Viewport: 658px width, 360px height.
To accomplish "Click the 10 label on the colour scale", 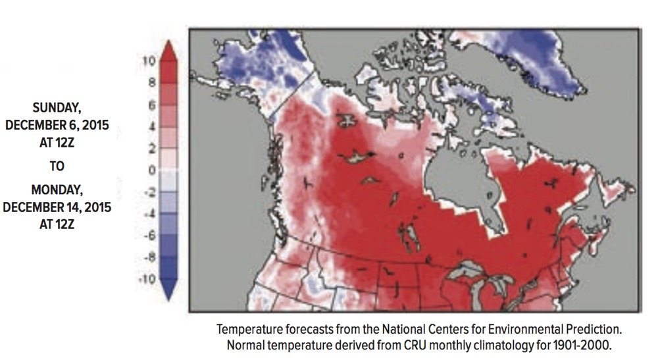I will pyautogui.click(x=149, y=61).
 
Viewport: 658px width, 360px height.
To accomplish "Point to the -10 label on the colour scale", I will pyautogui.click(x=147, y=279).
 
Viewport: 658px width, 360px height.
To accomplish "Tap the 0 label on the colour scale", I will pyautogui.click(x=151, y=170).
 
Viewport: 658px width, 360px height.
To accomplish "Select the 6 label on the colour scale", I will pyautogui.click(x=151, y=105).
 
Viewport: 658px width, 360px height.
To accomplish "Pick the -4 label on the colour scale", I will pyautogui.click(x=149, y=213).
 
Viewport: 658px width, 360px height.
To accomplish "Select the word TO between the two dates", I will pyautogui.click(x=57, y=167).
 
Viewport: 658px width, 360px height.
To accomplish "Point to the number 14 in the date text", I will pyautogui.click(x=74, y=207).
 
